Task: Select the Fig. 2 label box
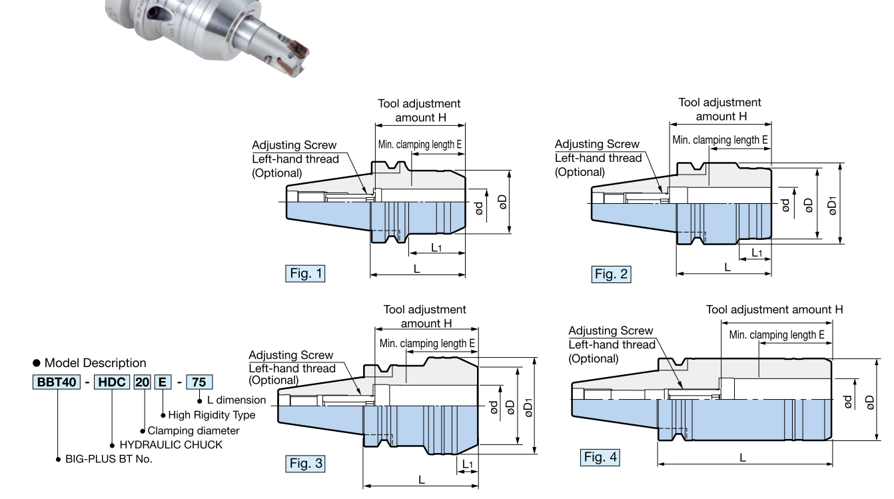[x=611, y=273]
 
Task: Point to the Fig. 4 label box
[x=600, y=457]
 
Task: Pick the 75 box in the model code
[x=199, y=382]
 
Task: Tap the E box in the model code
[x=163, y=382]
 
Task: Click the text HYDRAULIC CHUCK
[x=171, y=444]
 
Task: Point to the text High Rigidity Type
[x=211, y=415]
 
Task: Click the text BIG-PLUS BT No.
[x=109, y=459]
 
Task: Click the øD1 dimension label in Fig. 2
[x=831, y=203]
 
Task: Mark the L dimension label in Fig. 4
[x=743, y=457]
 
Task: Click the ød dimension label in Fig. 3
[x=494, y=407]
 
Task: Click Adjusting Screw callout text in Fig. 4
[x=610, y=330]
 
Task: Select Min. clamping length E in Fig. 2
[x=720, y=140]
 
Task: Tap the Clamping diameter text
[x=193, y=430]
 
